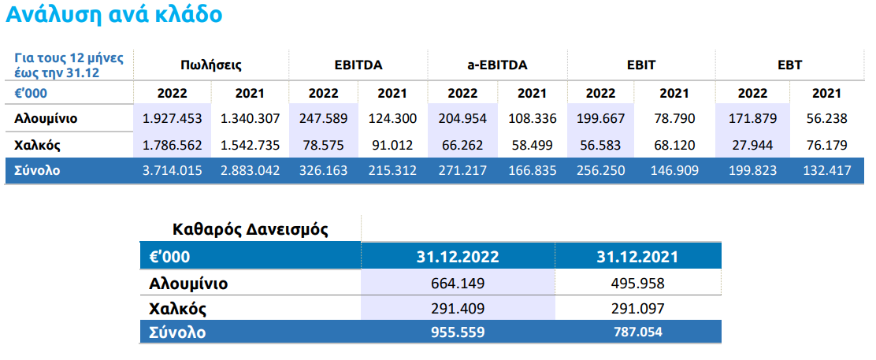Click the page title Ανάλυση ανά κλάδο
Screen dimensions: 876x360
(x=114, y=15)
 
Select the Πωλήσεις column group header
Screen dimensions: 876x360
(x=211, y=65)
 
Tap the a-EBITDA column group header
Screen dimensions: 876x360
(x=497, y=65)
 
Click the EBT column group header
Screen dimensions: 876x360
(x=790, y=65)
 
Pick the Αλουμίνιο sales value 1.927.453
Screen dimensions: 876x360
(x=172, y=118)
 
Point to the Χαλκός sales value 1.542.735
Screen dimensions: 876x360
(x=250, y=146)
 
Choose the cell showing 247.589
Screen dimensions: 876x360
(x=324, y=118)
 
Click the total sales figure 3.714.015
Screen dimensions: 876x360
(x=172, y=170)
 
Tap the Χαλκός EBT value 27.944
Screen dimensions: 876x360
(x=752, y=146)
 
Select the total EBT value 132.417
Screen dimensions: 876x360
(x=827, y=170)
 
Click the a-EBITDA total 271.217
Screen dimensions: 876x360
(x=462, y=170)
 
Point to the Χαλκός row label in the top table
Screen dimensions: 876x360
(x=37, y=146)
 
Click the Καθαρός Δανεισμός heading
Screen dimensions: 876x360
(x=251, y=229)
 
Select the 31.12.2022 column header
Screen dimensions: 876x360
(x=458, y=257)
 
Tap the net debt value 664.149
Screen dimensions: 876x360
(x=458, y=284)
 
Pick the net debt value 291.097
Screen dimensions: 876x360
(x=637, y=309)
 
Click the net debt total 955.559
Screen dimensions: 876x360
(x=458, y=332)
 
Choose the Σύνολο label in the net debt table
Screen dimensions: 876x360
(x=177, y=332)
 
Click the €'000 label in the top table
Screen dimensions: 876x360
(x=31, y=92)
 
